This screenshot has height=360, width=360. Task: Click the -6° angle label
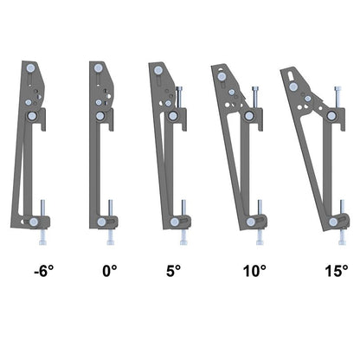[43, 271]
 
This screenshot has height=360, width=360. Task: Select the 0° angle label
[109, 271]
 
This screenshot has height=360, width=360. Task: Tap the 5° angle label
[173, 271]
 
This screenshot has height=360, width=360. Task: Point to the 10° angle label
[254, 271]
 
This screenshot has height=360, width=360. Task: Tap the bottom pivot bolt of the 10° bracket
[252, 222]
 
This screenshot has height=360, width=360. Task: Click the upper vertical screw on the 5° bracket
[181, 96]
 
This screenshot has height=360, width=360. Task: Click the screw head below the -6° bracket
[43, 241]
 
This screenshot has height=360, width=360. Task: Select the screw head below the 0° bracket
[110, 241]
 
